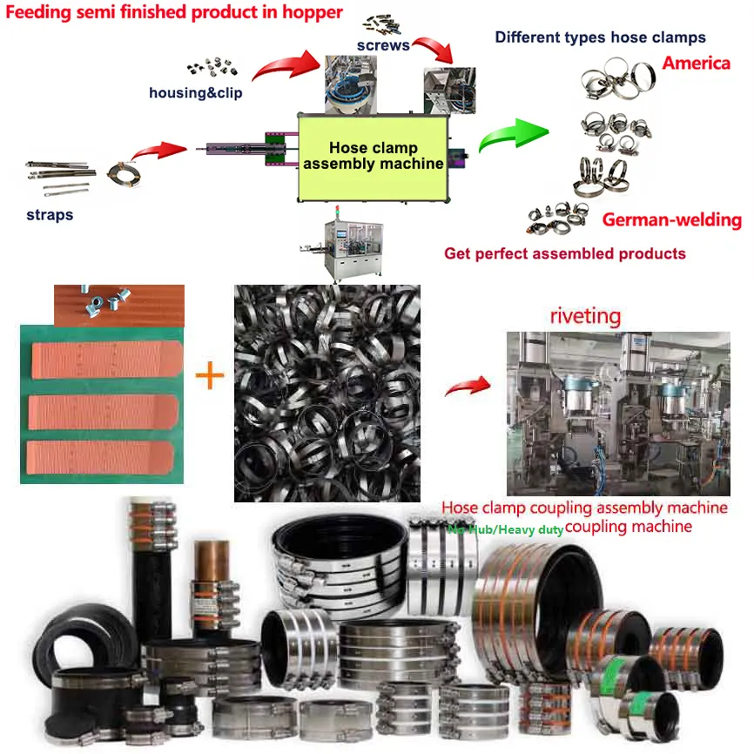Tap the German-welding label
tap(671, 219)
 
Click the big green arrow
tap(514, 135)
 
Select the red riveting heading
tap(584, 315)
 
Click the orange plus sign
tap(209, 376)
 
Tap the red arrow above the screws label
tap(435, 48)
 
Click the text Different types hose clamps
tap(600, 37)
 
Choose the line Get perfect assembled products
tap(564, 253)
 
